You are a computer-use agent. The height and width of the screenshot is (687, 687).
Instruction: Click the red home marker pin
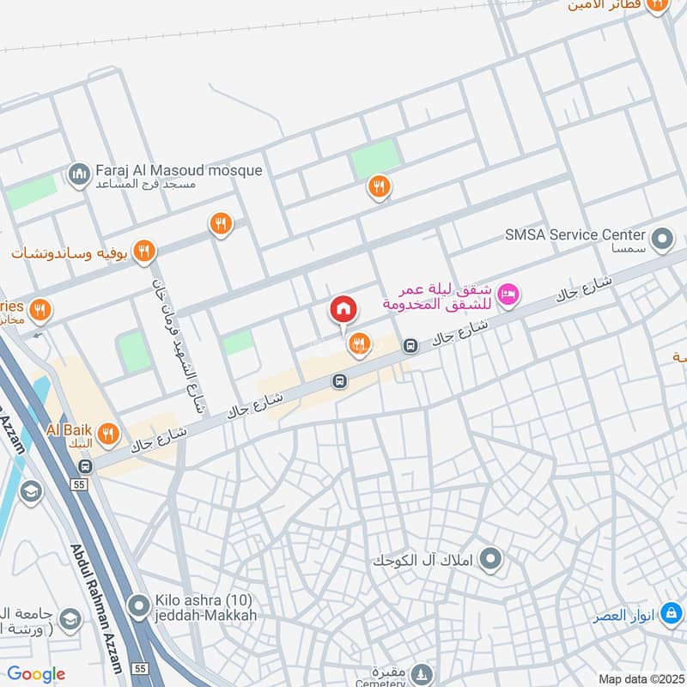click(x=343, y=310)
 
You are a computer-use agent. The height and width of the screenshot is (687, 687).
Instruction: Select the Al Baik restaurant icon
click(x=107, y=434)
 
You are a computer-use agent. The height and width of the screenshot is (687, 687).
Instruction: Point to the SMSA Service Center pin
click(x=661, y=240)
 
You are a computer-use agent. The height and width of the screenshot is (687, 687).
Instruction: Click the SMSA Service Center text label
click(x=575, y=234)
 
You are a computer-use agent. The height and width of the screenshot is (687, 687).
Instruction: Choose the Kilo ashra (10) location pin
click(x=137, y=607)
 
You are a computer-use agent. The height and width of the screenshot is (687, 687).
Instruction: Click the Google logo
click(x=36, y=674)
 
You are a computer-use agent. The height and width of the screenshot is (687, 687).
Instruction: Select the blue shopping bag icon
click(x=671, y=617)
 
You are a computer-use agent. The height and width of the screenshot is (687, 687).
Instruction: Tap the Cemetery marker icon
click(x=421, y=672)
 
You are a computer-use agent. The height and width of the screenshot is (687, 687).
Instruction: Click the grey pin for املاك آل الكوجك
click(x=489, y=561)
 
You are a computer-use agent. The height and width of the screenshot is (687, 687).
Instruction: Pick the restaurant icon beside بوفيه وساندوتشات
click(x=144, y=251)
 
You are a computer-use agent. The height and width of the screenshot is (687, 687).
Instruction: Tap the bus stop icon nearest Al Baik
click(x=85, y=466)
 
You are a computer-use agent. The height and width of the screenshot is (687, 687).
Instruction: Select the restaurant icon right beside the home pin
click(x=358, y=344)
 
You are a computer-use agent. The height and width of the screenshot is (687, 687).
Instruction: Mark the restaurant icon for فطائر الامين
click(x=658, y=5)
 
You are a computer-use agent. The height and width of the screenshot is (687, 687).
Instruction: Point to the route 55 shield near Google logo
click(x=139, y=667)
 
